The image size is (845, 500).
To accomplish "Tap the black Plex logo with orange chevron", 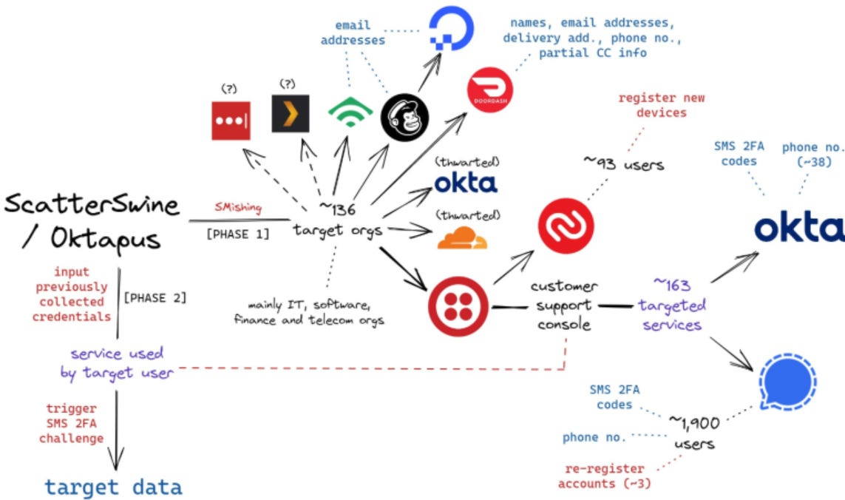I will click(x=290, y=113).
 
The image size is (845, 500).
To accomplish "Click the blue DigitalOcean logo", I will click(x=455, y=28).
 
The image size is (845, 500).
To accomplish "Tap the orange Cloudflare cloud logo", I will click(x=464, y=238).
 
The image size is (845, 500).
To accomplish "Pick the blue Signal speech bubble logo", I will click(x=790, y=383).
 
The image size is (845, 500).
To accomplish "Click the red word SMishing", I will click(x=238, y=209).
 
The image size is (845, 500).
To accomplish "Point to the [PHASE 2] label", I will click(x=155, y=298).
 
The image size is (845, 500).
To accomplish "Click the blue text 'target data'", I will click(x=113, y=487).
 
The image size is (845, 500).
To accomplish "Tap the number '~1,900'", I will click(x=693, y=422).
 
